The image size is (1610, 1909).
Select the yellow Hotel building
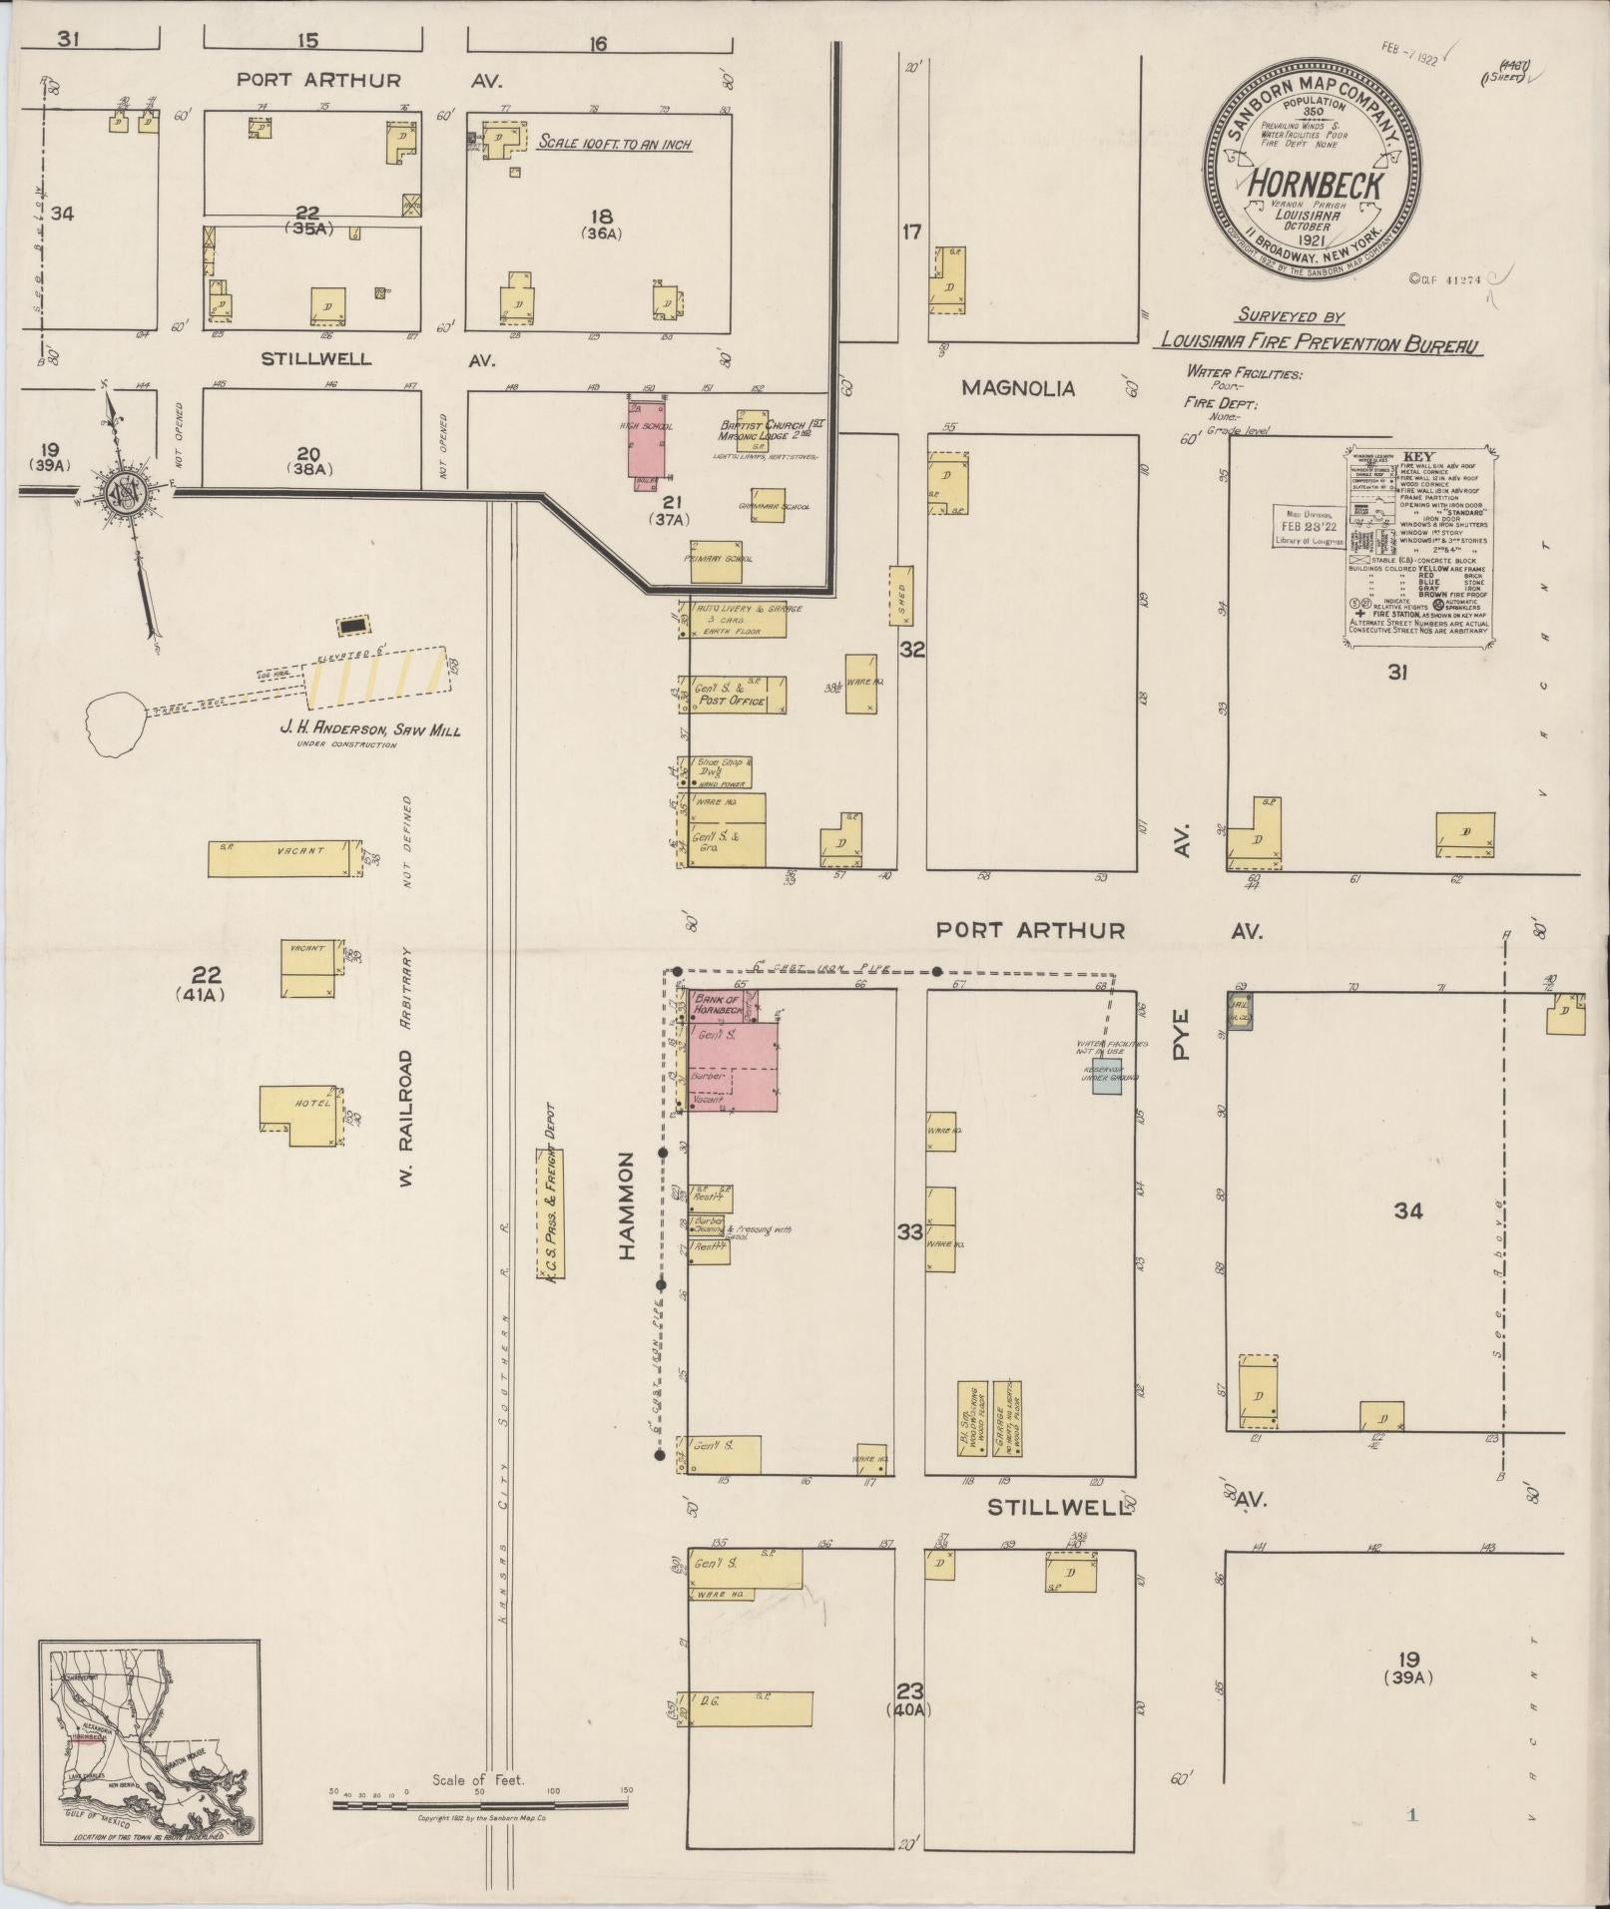point(295,1109)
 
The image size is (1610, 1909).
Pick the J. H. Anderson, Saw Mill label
point(370,730)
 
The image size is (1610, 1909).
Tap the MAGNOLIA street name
point(1018,388)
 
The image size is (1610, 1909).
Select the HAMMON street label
point(627,1204)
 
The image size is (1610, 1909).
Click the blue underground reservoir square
point(1107,1083)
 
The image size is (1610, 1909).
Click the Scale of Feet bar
point(479,1803)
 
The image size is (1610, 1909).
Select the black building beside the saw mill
point(352,626)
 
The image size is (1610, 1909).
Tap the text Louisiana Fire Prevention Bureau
point(1319,342)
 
